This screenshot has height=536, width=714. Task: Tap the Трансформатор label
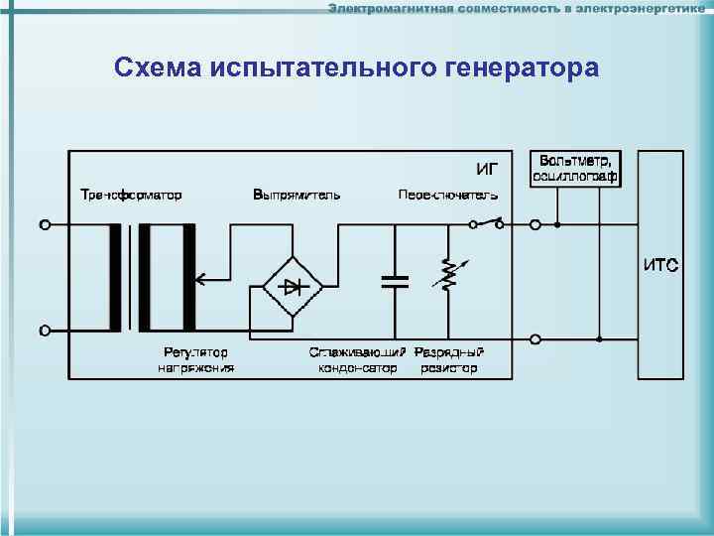tap(131, 195)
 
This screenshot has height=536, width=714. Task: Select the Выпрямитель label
tap(297, 195)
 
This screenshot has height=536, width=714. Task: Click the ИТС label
tap(660, 265)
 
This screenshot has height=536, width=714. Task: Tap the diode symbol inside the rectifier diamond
tap(293, 287)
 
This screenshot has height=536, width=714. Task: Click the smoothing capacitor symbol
tap(395, 281)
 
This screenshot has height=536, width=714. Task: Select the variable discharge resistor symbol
tap(447, 275)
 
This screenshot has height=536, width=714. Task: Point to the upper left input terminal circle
tap(45, 225)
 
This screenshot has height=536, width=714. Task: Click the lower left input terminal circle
tap(45, 331)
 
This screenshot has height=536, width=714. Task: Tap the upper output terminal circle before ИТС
tap(535, 225)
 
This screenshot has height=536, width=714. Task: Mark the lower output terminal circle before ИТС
tap(535, 339)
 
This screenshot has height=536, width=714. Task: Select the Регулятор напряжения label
tap(195, 360)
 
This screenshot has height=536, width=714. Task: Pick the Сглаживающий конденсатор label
tap(357, 360)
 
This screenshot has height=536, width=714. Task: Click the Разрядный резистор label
tap(449, 360)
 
